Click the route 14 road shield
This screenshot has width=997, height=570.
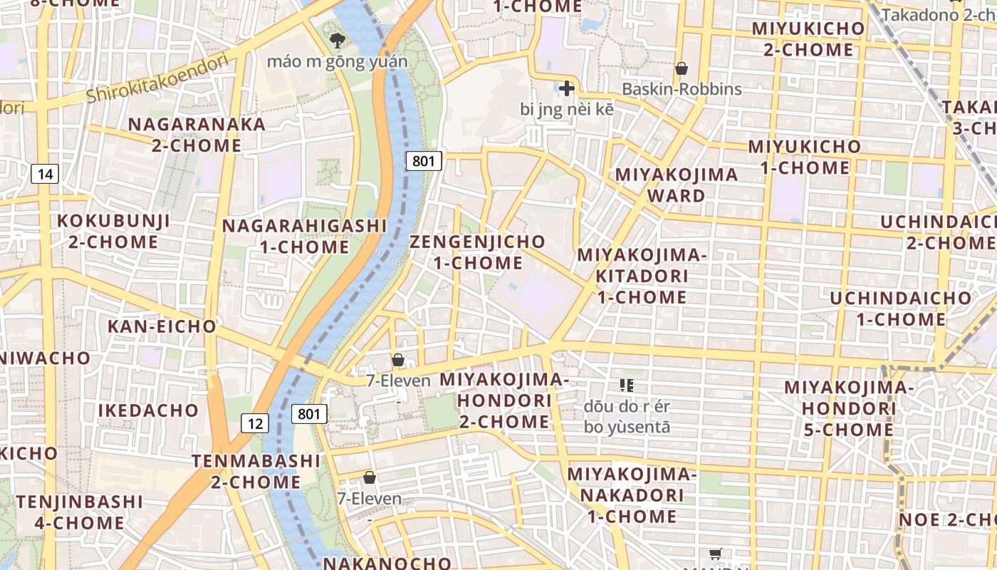[x=45, y=174]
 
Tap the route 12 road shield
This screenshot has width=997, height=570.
[x=255, y=423]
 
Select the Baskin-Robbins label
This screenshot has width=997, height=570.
[x=682, y=89]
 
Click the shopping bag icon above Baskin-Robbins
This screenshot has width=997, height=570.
[x=682, y=68]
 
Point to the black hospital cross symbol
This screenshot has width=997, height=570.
[x=566, y=88]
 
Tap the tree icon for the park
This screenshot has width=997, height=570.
[x=337, y=40]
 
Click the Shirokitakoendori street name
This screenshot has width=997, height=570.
[x=157, y=78]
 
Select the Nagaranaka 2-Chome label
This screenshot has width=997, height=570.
[x=197, y=135]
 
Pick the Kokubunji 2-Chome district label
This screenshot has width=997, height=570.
[x=114, y=231]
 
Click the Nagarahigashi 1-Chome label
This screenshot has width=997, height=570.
[x=304, y=237]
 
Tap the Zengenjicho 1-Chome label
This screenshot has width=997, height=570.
[x=478, y=252]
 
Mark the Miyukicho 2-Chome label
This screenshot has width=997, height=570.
[x=808, y=39]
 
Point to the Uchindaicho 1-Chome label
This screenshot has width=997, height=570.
[x=900, y=309]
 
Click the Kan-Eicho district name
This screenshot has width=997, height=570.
[x=162, y=326]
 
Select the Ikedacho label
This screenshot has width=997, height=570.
[x=148, y=410]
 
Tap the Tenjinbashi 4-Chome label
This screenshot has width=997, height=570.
[x=80, y=512]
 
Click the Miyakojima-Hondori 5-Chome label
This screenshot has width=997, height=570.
[x=849, y=408]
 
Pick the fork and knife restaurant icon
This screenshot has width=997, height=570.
[x=627, y=385]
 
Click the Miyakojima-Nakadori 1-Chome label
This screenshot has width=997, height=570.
[x=631, y=494]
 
